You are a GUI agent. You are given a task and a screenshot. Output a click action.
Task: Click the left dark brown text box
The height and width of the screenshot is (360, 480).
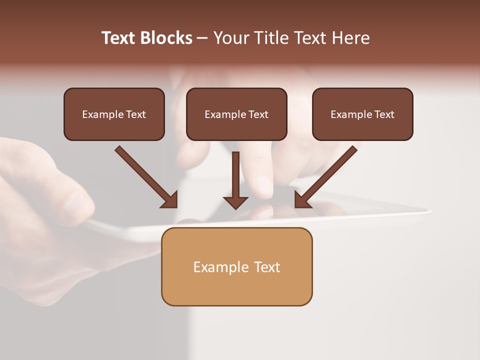(x=114, y=114)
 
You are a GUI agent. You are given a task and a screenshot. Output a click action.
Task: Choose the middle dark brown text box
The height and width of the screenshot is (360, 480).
(x=236, y=114)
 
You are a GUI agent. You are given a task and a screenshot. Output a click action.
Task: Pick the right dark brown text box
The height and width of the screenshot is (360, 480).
(x=362, y=114)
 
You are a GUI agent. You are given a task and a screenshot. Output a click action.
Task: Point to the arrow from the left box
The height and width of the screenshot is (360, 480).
(x=145, y=176)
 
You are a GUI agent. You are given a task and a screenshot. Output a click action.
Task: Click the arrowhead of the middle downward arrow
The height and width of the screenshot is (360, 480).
(x=236, y=201)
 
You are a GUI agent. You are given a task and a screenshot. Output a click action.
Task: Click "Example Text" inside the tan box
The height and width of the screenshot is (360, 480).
(x=236, y=267)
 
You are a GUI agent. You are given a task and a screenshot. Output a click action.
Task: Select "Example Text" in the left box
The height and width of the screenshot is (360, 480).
(x=114, y=114)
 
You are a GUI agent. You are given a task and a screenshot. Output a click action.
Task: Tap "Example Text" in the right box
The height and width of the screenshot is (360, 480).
(x=362, y=114)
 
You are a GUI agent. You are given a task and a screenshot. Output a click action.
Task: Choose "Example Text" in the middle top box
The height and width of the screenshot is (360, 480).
(x=236, y=114)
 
